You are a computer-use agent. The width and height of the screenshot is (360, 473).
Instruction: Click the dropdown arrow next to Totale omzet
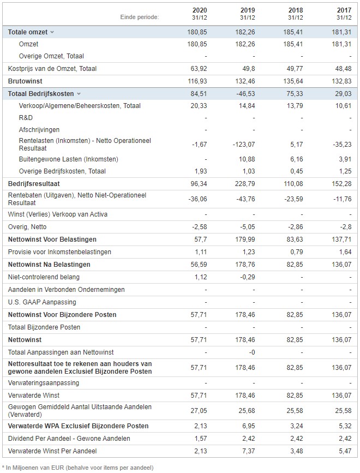[x=52, y=32]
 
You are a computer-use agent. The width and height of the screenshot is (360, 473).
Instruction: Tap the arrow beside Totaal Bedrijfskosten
[x=79, y=94]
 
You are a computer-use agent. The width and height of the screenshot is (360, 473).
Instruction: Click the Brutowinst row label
[x=25, y=81]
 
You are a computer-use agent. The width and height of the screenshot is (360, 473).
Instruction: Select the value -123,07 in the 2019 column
[x=244, y=145]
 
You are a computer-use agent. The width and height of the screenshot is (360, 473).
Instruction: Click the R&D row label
[x=26, y=118]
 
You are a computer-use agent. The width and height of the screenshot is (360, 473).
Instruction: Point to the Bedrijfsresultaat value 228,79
[x=245, y=184]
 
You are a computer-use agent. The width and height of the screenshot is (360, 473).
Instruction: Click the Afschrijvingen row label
[x=39, y=130]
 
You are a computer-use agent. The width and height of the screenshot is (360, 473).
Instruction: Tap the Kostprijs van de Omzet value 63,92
[x=199, y=69]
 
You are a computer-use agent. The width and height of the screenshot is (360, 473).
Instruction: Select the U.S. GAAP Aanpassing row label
[x=42, y=302]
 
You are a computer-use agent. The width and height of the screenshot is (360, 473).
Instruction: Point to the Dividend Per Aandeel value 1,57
[x=201, y=438]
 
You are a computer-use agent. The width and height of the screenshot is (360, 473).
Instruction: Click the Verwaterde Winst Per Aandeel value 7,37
[x=248, y=451]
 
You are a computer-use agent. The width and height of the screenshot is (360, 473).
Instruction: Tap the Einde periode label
[x=140, y=17]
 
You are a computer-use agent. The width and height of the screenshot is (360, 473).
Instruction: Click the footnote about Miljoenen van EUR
[x=78, y=468]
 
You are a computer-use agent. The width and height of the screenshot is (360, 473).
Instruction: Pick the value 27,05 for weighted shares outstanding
[x=199, y=411]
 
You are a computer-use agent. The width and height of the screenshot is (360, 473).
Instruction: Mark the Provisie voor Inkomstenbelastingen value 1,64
[x=345, y=252]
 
